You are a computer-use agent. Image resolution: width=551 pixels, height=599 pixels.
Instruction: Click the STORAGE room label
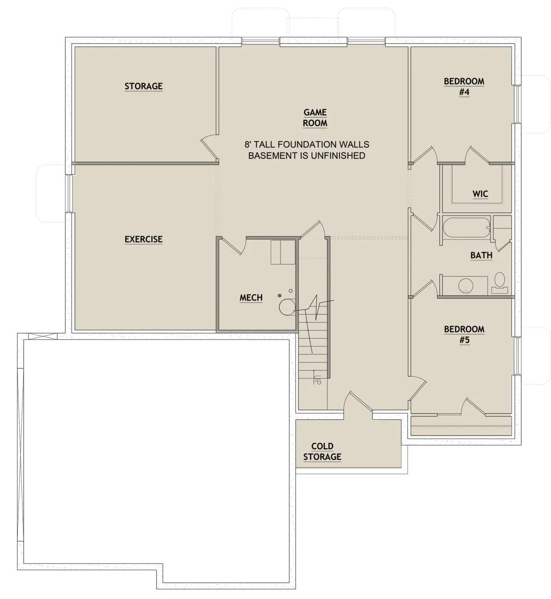click(x=144, y=86)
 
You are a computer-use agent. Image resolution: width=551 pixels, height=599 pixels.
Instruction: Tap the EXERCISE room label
click(x=144, y=239)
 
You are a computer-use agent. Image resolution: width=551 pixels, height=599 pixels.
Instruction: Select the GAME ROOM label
click(x=315, y=118)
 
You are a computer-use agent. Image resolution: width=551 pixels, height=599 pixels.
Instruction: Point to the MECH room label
click(x=251, y=298)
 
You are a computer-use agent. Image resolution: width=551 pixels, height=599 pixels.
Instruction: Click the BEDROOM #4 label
click(x=464, y=87)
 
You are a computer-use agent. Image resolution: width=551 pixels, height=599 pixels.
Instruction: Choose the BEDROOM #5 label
click(x=464, y=334)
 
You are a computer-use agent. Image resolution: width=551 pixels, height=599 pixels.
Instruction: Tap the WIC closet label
click(x=480, y=194)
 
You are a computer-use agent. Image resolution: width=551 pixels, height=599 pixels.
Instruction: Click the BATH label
click(x=481, y=255)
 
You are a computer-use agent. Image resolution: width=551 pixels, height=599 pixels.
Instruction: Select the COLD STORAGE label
click(x=322, y=452)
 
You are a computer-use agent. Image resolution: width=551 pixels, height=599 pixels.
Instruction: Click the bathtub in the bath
click(x=466, y=227)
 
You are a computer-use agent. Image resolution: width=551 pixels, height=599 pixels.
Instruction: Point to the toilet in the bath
click(x=500, y=283)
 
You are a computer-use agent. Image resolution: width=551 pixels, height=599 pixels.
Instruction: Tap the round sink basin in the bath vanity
click(x=466, y=285)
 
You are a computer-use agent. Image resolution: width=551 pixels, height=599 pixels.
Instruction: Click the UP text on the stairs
click(x=317, y=380)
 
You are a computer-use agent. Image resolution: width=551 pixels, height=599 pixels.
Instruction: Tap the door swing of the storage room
click(x=209, y=147)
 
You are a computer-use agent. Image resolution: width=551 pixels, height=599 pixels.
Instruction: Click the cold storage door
click(x=358, y=401)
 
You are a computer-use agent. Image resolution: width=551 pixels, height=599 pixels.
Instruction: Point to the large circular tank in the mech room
click(x=287, y=307)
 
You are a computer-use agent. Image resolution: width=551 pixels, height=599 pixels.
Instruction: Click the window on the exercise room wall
click(x=69, y=194)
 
